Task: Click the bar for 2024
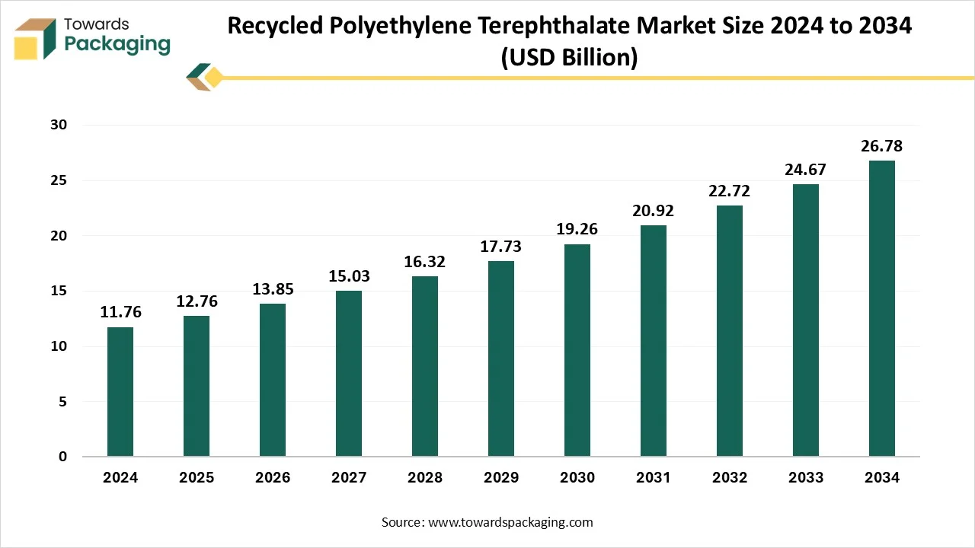[120, 392]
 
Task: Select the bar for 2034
[882, 308]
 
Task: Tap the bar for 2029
[501, 358]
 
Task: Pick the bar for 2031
[654, 341]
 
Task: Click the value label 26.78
[882, 146]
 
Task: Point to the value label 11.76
[120, 312]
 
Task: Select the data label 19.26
[577, 229]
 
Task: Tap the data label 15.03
[349, 276]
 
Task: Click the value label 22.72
[730, 191]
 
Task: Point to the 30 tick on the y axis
[58, 126]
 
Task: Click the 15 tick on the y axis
[58, 292]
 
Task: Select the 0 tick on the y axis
[63, 457]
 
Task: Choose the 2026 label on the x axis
[273, 478]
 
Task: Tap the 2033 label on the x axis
[806, 478]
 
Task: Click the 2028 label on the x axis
[425, 478]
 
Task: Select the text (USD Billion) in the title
[569, 57]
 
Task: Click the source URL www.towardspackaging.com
[510, 522]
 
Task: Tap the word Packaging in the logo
[117, 43]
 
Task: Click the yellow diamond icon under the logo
[214, 77]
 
